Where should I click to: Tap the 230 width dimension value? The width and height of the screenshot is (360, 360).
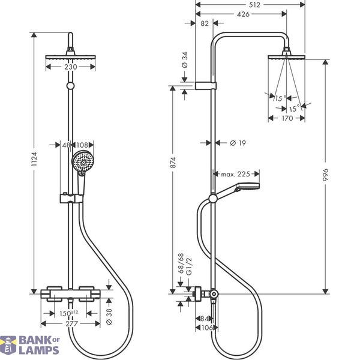pos(71,67)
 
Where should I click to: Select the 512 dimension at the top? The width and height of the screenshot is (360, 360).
pos(254,5)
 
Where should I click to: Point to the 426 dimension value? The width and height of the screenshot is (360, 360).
pos(243,14)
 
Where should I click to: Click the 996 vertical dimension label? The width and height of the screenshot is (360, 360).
pos(326,175)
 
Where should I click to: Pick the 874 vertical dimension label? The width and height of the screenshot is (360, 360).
pos(173,163)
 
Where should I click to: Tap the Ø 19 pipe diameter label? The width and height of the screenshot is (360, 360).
pos(238,143)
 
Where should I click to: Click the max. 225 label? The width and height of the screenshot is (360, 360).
pos(235,174)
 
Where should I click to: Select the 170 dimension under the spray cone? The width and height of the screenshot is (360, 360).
pos(287,118)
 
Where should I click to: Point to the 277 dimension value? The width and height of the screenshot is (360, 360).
pos(72,324)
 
